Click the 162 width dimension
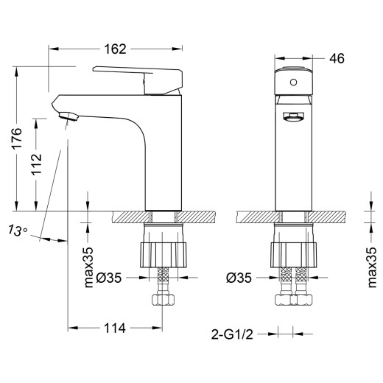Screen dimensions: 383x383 (x=114, y=49)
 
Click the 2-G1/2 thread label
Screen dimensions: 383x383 (x=235, y=333)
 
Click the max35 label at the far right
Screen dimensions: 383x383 (x=371, y=261)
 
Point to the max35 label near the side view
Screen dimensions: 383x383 (x=89, y=261)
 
